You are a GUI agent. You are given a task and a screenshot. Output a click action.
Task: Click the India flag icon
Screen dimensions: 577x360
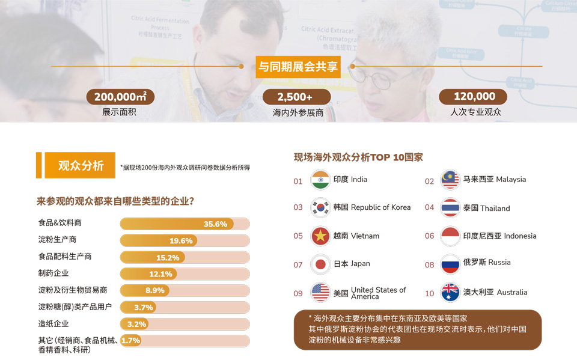coord(320,180)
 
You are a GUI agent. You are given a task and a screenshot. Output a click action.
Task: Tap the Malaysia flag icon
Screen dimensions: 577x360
coord(450,180)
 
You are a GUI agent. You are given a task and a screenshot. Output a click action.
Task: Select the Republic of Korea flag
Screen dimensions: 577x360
coord(320,207)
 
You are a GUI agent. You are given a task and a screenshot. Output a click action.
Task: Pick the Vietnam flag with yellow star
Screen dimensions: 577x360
coord(320,236)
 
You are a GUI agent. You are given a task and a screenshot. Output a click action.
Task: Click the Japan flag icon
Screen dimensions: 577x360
coord(320,264)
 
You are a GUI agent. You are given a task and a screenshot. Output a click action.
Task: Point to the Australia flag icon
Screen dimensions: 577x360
coord(450,292)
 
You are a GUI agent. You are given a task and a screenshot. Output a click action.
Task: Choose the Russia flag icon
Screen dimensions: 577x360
coord(450,264)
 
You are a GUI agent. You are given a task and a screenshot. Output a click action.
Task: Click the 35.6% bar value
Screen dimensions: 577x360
coord(215,224)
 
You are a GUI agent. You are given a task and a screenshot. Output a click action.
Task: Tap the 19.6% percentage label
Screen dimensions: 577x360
coord(181,241)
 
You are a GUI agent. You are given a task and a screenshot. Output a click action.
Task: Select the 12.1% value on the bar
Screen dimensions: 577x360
coord(160,274)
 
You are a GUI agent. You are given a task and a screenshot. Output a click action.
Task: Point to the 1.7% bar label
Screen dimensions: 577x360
coord(130,341)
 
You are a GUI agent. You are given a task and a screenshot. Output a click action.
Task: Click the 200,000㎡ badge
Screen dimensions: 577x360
coord(120,97)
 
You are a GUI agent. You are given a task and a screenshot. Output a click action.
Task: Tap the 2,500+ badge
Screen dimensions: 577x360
coord(296,97)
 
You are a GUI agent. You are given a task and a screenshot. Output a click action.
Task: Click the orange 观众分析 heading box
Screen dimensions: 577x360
coord(80,165)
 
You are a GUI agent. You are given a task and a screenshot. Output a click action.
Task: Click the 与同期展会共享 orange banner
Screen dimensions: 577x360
coord(298,67)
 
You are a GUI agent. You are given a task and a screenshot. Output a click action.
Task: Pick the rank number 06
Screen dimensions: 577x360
coord(429,236)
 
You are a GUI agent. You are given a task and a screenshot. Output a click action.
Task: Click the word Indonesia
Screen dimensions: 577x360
coord(520,236)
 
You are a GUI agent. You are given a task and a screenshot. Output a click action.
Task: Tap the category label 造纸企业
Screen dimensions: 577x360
coord(53,324)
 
